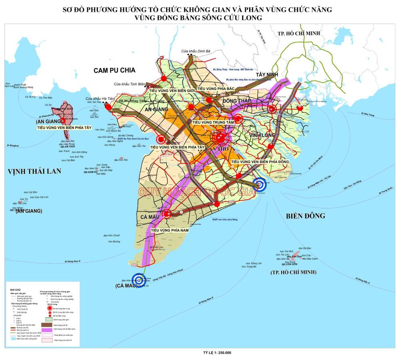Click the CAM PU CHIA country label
[114, 70]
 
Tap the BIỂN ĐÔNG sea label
[306, 216]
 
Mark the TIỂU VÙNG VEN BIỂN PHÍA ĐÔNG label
[260, 162]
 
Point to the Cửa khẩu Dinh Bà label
[196, 51]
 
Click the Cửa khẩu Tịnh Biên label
[128, 84]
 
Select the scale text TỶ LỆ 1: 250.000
[218, 353]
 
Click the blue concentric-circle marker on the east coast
[261, 185]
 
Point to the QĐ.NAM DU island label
[91, 172]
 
